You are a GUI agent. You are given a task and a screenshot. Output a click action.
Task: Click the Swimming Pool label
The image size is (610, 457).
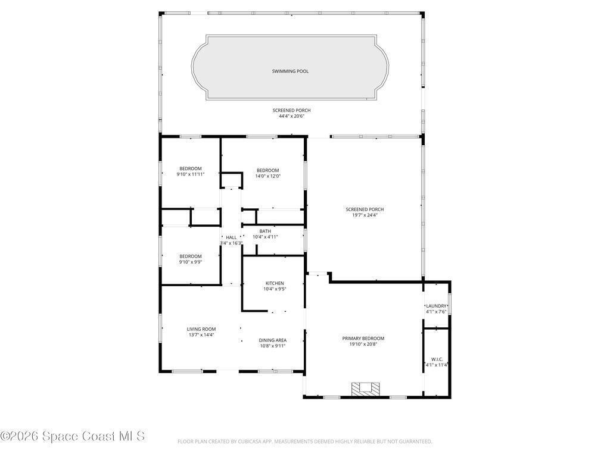(x=290, y=71)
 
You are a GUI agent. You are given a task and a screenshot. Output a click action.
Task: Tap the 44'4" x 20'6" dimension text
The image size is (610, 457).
(x=291, y=116)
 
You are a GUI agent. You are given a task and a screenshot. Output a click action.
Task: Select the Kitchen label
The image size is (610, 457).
(x=275, y=283)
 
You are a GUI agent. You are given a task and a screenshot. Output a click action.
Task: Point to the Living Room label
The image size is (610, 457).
(x=201, y=329)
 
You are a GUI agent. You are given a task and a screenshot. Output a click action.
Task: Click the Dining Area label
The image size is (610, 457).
(x=273, y=340)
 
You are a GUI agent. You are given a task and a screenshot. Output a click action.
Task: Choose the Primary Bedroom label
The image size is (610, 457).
(x=363, y=339)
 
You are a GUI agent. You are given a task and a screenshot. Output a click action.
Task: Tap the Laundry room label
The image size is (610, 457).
(x=436, y=306)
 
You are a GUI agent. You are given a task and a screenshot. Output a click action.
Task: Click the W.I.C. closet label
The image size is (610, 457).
(x=437, y=359)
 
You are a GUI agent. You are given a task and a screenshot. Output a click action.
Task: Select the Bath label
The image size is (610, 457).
(x=265, y=231)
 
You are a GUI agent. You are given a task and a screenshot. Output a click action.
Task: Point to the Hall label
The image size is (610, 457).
(x=231, y=237)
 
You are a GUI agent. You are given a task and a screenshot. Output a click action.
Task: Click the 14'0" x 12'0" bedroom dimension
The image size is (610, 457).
(x=267, y=176)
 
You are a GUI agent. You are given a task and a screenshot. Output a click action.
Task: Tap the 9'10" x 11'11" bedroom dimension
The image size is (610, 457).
(x=191, y=174)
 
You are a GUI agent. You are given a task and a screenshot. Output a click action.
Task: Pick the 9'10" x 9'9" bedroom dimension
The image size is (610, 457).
(x=191, y=262)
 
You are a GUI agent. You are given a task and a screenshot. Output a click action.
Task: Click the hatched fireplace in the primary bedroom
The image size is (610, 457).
(x=365, y=389)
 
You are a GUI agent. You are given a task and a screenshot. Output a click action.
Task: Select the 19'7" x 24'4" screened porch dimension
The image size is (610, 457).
(x=365, y=215)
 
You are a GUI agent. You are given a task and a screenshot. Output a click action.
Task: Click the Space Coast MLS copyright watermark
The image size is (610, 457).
(x=73, y=436)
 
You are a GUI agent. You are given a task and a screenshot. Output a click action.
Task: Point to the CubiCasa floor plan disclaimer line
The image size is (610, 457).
(x=304, y=442)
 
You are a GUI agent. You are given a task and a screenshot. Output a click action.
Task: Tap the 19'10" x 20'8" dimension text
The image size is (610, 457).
(x=363, y=345)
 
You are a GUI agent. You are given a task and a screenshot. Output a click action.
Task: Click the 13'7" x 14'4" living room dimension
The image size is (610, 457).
(x=201, y=335)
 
